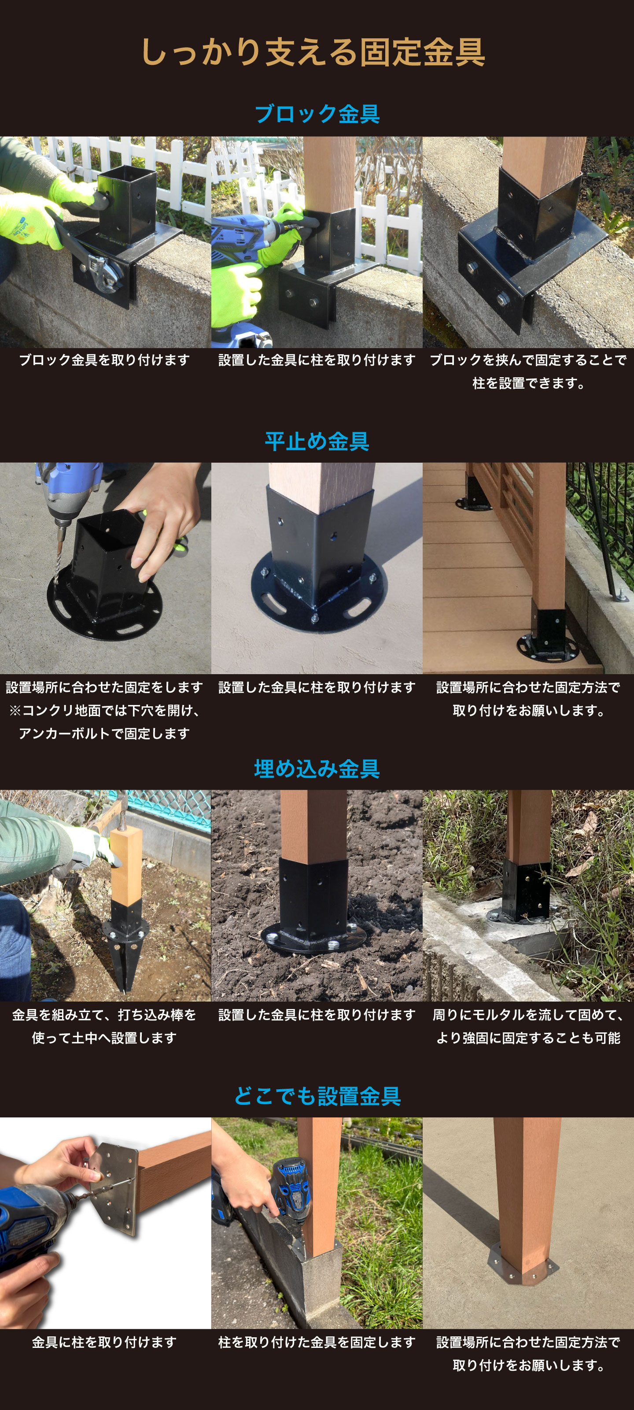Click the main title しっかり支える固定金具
pyautogui.click(x=313, y=52)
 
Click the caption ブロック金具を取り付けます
pyautogui.click(x=104, y=360)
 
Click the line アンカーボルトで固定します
pyautogui.click(x=104, y=734)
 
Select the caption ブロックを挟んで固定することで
pyautogui.click(x=528, y=360)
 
